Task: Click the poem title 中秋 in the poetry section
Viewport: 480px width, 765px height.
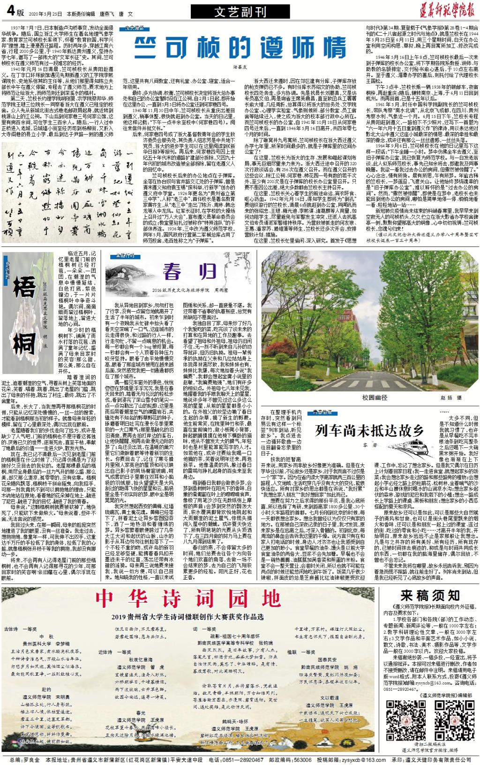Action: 47,637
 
